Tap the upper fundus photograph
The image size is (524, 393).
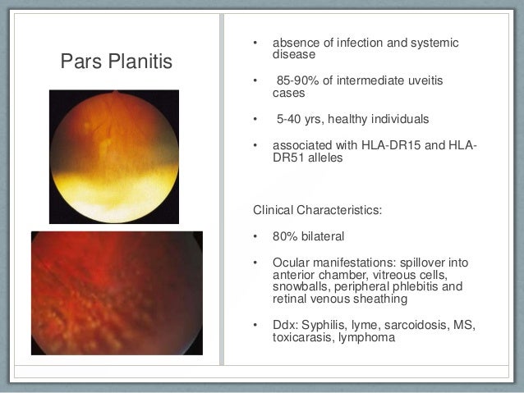pyautogui.click(x=113, y=156)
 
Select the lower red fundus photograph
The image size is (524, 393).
pyautogui.click(x=117, y=293)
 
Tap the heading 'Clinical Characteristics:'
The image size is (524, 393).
pyautogui.click(x=317, y=209)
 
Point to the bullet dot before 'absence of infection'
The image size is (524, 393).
pyautogui.click(x=255, y=43)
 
